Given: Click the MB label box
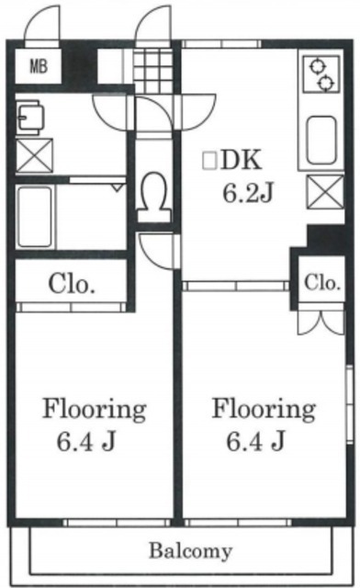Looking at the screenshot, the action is click(38, 66).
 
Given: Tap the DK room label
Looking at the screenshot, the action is click(241, 161).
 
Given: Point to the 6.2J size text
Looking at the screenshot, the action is click(247, 194).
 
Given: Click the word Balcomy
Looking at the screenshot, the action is click(190, 551).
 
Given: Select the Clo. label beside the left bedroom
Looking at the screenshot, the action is click(72, 284).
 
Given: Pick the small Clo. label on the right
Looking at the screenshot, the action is click(322, 283).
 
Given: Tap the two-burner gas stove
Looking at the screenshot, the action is click(321, 73).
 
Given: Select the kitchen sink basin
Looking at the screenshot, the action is click(321, 140).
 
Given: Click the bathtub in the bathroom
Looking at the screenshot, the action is click(35, 217).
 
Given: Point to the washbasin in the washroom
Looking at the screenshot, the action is click(30, 118).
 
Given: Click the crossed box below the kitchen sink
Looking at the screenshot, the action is click(325, 192).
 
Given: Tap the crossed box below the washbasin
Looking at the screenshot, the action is click(34, 155).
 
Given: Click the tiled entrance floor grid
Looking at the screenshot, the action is click(153, 69).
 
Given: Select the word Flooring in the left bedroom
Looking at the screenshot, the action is click(94, 410).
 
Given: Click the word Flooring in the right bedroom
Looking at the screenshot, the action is click(264, 410).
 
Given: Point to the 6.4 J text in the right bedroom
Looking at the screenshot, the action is click(255, 441).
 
